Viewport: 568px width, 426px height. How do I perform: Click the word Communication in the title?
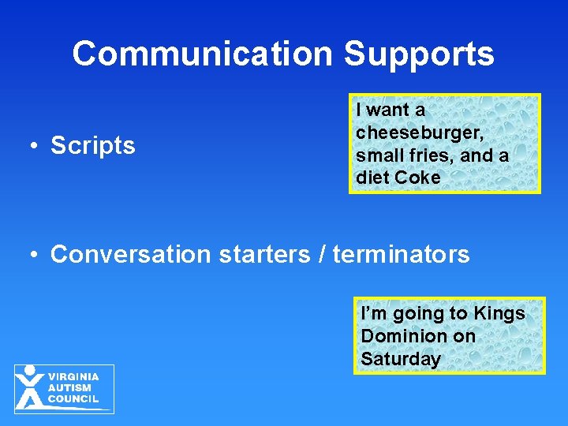203,54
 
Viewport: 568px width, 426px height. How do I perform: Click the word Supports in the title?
419,54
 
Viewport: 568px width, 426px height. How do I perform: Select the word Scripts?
93,146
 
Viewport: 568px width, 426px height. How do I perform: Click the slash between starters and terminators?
323,255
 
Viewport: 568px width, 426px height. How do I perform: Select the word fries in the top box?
434,155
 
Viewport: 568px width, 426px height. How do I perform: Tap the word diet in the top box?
372,178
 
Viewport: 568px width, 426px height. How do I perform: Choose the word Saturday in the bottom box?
401,359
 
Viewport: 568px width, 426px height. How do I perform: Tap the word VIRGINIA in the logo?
73,377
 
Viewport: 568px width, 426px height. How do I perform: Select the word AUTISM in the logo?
69,388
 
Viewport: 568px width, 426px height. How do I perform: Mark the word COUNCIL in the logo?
73,399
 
